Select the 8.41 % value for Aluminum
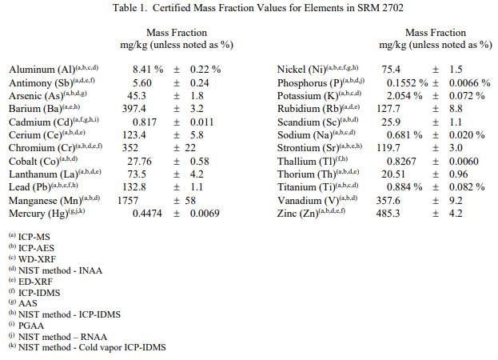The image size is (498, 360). pyautogui.click(x=149, y=70)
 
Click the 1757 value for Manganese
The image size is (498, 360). pyautogui.click(x=128, y=201)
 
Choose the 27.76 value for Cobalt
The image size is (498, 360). pyautogui.click(x=139, y=162)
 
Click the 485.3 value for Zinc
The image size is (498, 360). pyautogui.click(x=390, y=214)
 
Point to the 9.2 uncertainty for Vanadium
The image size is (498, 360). pyautogui.click(x=456, y=201)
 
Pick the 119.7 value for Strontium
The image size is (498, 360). pyautogui.click(x=388, y=148)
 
